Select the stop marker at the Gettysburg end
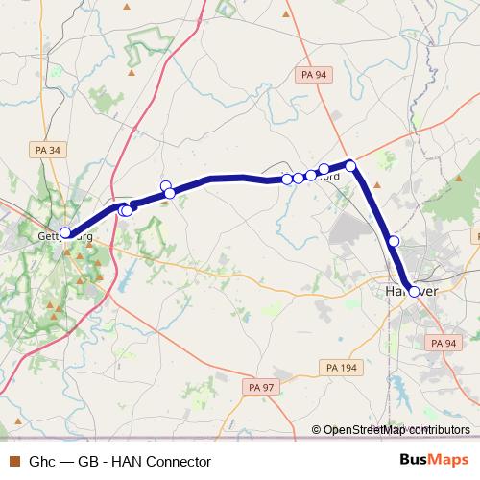click(x=65, y=232)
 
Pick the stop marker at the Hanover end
click(x=415, y=292)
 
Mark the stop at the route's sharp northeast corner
click(x=351, y=166)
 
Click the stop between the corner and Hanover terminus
click(x=393, y=241)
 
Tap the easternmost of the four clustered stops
click(x=324, y=169)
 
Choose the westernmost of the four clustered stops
click(x=287, y=179)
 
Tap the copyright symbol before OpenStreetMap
click(x=316, y=430)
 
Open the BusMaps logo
click(x=440, y=460)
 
